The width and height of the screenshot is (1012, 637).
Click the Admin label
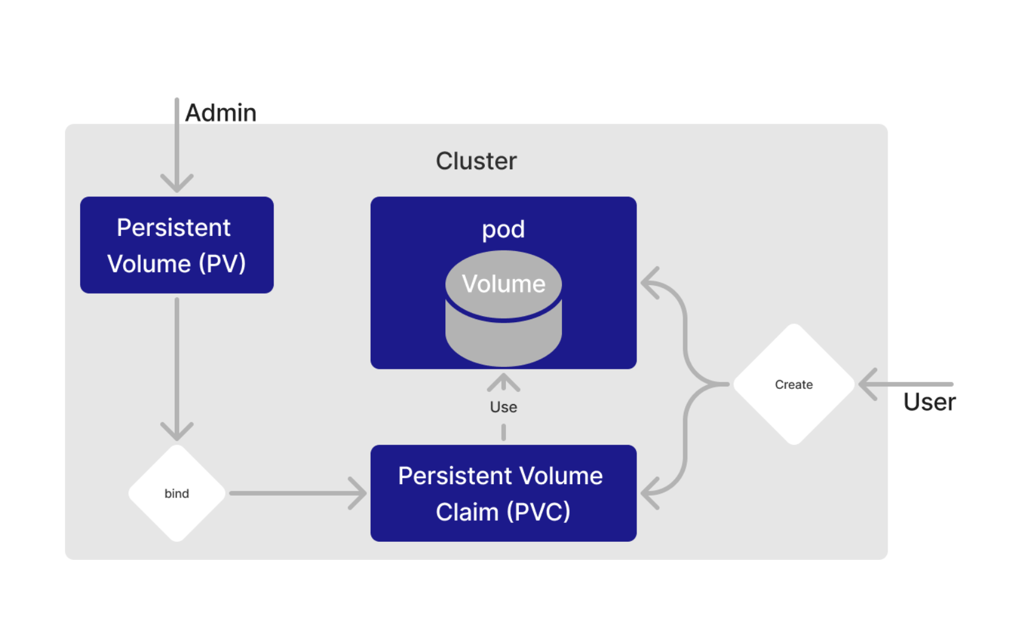pos(220,113)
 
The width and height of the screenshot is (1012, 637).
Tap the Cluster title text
pos(476,161)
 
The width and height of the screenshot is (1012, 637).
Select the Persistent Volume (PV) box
pos(177,245)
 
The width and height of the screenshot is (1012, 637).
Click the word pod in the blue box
pos(503,229)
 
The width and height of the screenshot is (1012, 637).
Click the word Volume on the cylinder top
pos(503,284)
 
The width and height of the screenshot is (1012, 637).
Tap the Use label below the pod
pos(503,407)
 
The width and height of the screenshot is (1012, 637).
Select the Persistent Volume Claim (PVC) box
pos(503,493)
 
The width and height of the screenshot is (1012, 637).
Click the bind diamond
pos(177,493)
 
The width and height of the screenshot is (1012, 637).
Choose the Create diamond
pos(794,384)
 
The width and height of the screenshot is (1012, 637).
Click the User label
pos(929,402)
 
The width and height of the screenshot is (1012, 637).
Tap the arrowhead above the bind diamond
pos(177,431)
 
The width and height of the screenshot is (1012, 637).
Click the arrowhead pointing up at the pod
pos(503,382)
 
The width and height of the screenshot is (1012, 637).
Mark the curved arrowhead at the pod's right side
pos(650,283)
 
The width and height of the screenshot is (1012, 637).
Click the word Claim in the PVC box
pos(467,512)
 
